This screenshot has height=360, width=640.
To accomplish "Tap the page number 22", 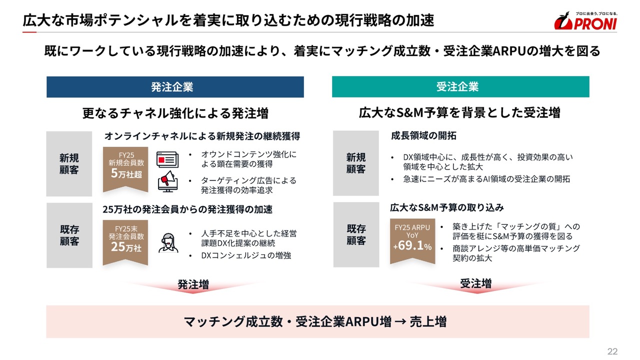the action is (612, 351).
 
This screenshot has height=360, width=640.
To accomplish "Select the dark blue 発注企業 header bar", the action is (175, 87).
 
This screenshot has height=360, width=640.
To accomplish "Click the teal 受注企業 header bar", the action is (460, 86).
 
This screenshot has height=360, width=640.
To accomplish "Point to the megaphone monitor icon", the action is (168, 181).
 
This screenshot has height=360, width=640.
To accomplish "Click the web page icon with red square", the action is (167, 159).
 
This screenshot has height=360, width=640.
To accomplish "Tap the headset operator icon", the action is (168, 243).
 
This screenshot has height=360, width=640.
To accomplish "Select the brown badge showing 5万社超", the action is (125, 169).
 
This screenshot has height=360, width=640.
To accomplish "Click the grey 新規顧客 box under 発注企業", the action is (69, 163).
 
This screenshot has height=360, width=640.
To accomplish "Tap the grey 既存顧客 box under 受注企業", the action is (356, 234).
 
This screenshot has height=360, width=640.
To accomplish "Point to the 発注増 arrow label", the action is (193, 284).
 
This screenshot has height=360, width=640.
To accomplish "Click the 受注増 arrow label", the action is (476, 283).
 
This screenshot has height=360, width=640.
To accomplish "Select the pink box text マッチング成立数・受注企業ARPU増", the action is (287, 321).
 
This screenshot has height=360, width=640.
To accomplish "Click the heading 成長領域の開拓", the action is (423, 135).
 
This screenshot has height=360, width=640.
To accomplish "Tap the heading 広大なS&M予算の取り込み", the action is (447, 207).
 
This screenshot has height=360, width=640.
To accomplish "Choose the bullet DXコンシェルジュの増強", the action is (246, 255).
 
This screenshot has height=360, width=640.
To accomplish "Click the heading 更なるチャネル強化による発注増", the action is (175, 113).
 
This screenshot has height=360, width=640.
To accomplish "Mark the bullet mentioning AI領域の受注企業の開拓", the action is (486, 179).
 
